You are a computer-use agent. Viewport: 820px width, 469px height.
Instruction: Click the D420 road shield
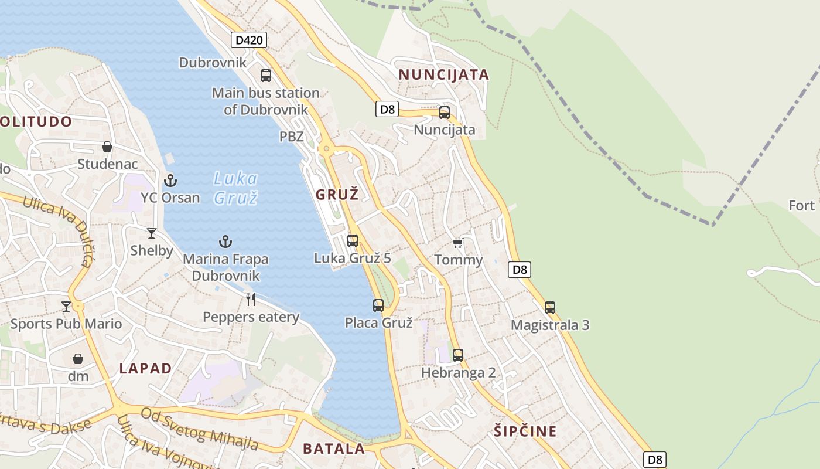coord(249,40)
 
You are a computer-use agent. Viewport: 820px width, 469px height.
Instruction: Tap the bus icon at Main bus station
coord(266,75)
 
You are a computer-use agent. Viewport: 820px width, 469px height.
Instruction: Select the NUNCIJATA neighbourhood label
coord(443,75)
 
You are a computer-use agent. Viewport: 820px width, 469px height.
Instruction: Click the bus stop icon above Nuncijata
coord(445,113)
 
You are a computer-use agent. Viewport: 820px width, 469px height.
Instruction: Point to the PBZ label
coord(291,137)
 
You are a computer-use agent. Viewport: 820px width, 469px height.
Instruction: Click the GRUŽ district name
coord(337,195)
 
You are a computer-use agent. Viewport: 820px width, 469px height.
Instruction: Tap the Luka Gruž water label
coord(235,188)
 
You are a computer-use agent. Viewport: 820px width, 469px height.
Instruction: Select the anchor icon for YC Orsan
coord(170,180)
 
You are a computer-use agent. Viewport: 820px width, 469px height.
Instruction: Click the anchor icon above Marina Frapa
coord(225,241)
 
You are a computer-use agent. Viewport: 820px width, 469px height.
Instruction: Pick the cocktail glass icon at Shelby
coord(152,233)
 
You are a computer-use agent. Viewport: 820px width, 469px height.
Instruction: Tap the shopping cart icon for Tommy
coord(457,243)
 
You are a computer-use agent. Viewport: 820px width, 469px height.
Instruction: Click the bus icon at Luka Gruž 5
coord(353,240)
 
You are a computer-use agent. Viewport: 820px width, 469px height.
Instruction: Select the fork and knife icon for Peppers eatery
coord(251,300)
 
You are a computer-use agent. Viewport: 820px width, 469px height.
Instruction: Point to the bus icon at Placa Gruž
coord(378,305)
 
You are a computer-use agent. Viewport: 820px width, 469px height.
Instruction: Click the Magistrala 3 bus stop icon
coord(549,307)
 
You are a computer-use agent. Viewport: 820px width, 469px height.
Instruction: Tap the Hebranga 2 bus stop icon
coord(458,355)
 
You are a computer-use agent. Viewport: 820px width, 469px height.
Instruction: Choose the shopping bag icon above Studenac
coord(107,146)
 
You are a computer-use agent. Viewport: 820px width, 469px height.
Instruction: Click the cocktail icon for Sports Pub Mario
coord(66,306)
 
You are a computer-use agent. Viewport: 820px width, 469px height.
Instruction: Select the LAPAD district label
coord(145,369)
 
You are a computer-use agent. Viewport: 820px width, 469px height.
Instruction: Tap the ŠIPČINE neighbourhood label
coord(524,431)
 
